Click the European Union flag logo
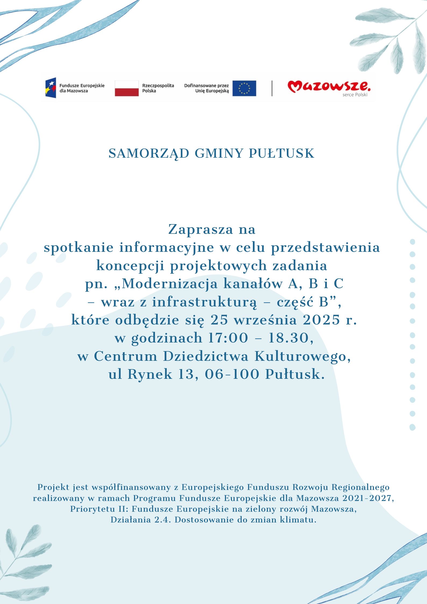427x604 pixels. [x=244, y=88]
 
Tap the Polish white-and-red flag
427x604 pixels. [x=127, y=88]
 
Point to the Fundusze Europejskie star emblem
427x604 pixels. [x=51, y=88]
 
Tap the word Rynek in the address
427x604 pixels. [x=150, y=374]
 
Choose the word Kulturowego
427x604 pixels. [x=303, y=356]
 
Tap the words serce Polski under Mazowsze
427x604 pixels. [x=355, y=95]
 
